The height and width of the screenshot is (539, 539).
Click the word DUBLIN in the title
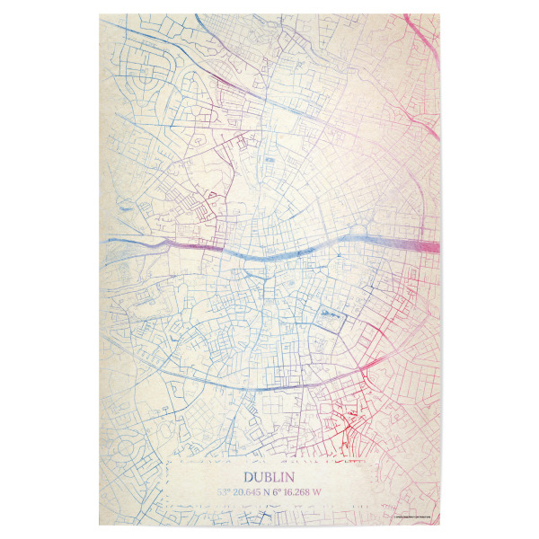click(269, 478)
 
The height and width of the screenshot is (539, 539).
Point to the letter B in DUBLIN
click(266, 478)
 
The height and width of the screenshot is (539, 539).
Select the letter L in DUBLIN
click(275, 478)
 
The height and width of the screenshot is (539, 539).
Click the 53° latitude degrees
click(224, 492)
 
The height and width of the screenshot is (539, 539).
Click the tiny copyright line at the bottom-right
click(414, 516)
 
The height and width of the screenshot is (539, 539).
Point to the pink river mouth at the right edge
click(428, 246)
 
